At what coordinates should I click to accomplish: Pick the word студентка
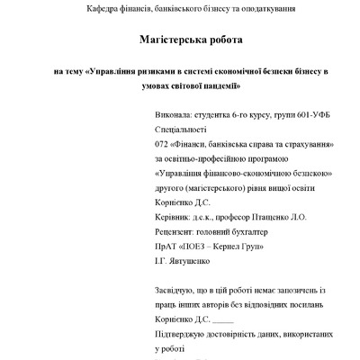point(193,116)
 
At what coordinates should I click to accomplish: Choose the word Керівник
point(150,216)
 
